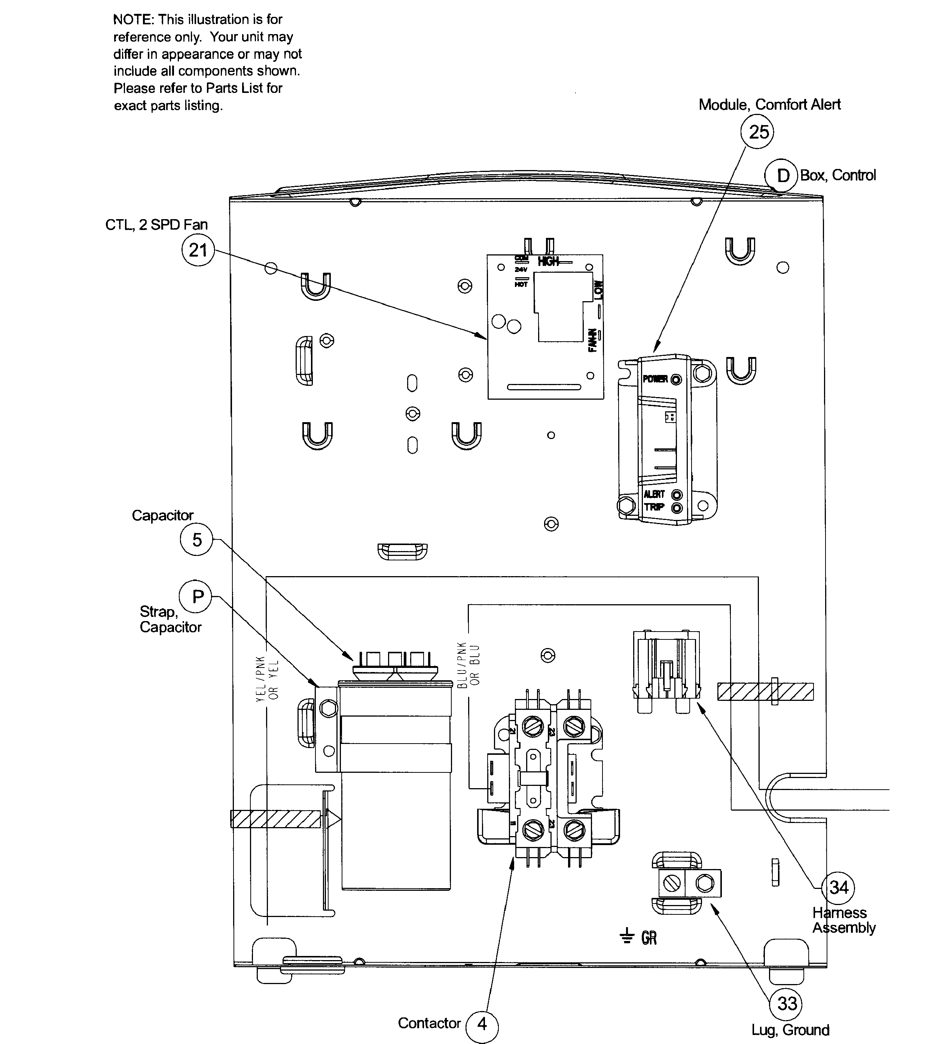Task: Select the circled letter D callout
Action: (781, 176)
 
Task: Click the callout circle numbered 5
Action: (196, 540)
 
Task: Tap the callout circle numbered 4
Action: (482, 1024)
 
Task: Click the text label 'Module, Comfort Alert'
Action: (769, 105)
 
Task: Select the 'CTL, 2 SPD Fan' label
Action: (156, 225)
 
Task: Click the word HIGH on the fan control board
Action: (549, 261)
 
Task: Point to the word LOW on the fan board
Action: (598, 290)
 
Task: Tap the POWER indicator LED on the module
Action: (676, 379)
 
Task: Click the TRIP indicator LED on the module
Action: (677, 508)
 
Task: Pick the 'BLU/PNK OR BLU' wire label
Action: (469, 665)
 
